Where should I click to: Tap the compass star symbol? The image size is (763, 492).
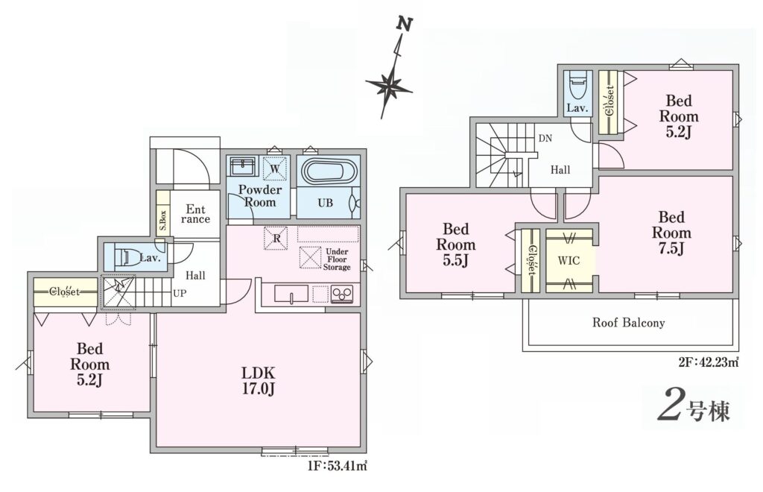tap(389, 87)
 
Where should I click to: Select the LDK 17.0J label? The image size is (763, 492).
tap(259, 381)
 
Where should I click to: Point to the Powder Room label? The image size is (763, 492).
tap(260, 195)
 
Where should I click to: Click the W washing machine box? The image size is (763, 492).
tap(275, 169)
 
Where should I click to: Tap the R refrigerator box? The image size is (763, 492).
tap(276, 238)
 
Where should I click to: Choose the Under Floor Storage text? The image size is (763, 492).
tap(338, 259)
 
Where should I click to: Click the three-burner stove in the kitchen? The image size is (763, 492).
tap(343, 294)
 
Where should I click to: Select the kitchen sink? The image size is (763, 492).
tap(291, 294)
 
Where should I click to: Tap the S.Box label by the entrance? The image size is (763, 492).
tap(163, 220)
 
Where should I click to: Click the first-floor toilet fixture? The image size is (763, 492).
tap(123, 257)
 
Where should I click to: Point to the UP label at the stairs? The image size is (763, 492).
tap(179, 294)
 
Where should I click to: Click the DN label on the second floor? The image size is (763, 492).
tap(545, 138)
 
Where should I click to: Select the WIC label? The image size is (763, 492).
tap(569, 260)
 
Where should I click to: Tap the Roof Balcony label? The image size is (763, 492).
tap(628, 323)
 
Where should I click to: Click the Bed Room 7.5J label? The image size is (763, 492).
tap(671, 233)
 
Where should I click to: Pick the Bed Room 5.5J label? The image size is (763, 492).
tap(456, 245)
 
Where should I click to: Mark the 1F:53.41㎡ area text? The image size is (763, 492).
tap(336, 466)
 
